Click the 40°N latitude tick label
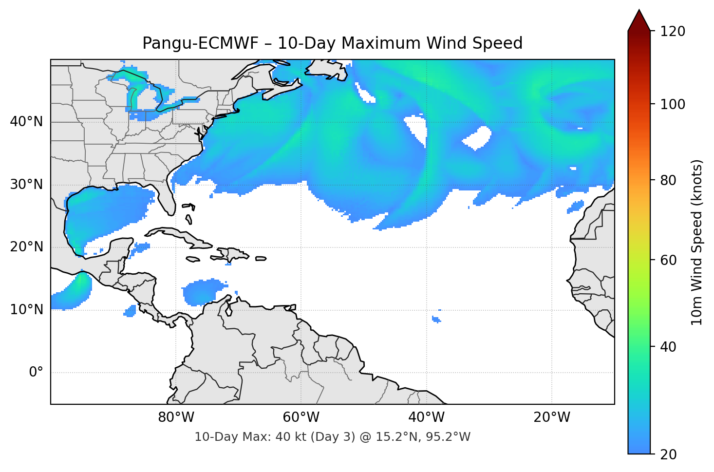[26, 122]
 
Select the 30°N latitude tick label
[26, 185]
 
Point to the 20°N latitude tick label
[26, 247]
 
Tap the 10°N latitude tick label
[26, 310]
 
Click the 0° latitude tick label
[36, 373]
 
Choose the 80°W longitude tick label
[176, 417]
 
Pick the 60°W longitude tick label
[301, 417]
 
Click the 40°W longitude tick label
[426, 417]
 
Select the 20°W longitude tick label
[551, 417]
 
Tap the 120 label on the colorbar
[673, 31]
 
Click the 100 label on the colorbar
[673, 104]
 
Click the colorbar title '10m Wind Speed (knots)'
[697, 242]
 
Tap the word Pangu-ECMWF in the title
[200, 43]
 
